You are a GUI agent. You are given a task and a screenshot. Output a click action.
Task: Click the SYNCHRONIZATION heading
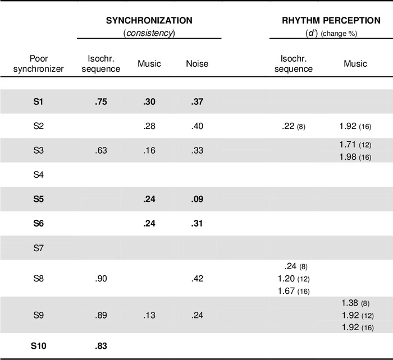point(149,20)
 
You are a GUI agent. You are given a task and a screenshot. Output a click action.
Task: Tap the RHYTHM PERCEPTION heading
point(323,20)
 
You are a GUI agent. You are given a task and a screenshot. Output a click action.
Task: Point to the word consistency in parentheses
point(149,33)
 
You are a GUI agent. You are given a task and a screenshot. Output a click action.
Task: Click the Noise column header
point(197,63)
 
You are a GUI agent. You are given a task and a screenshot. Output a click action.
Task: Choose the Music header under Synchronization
point(149,63)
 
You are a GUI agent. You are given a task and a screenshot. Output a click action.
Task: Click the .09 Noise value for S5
point(197,199)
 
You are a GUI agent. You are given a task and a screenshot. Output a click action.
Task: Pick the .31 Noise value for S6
point(197,223)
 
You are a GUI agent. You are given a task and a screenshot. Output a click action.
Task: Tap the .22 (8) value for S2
point(293,126)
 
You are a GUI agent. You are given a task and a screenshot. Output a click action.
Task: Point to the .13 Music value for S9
point(149,315)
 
